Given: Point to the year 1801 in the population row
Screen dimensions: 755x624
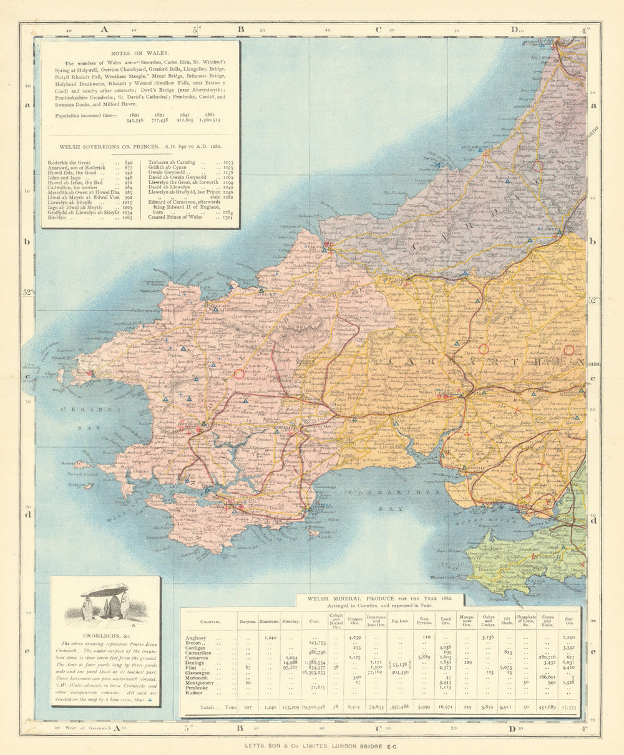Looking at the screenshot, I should [x=134, y=115].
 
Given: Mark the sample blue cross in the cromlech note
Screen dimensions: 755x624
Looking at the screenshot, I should [x=149, y=701].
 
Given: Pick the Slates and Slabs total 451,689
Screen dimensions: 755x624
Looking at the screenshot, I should [x=547, y=707].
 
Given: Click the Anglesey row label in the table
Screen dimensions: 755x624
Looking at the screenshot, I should [x=198, y=638].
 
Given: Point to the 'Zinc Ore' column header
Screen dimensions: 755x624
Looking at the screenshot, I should [x=569, y=621].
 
